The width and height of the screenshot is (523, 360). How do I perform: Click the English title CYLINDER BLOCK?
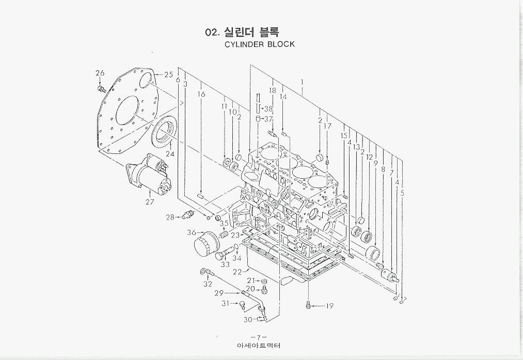point(260,44)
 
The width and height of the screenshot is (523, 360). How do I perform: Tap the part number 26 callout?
point(100,73)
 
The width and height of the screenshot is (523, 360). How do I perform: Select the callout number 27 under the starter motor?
point(150,202)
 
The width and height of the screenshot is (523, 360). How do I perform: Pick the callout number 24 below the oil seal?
point(170,154)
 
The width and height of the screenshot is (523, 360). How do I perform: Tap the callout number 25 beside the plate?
point(168,74)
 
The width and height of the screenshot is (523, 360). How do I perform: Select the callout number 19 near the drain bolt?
point(329,306)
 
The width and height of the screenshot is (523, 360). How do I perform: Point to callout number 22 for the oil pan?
point(237,272)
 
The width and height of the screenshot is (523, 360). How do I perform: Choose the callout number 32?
point(208,284)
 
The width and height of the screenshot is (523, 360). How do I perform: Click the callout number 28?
point(170,217)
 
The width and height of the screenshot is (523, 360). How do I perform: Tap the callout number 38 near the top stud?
point(268,109)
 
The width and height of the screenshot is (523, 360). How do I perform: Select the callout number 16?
point(201,94)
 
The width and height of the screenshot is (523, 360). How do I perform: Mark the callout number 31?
point(225,303)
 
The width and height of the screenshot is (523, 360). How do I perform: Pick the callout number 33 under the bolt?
point(225,264)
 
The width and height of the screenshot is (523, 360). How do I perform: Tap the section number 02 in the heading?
point(212,33)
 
